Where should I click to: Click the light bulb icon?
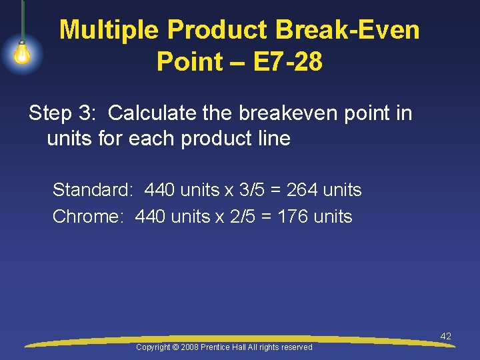point(22,54)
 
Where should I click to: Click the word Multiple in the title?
point(109,30)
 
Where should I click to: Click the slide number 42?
point(445,336)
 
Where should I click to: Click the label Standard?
point(93,190)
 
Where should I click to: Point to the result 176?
point(293,217)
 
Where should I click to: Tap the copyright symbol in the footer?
point(176,347)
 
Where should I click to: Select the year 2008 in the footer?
point(191,347)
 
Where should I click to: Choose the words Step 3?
point(63,113)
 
